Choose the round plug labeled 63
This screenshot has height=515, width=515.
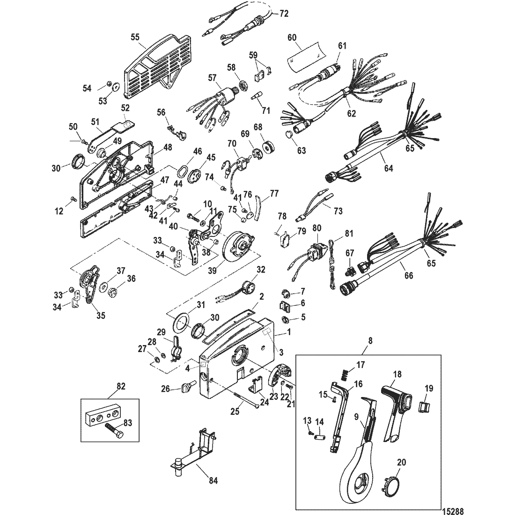(x=290, y=136)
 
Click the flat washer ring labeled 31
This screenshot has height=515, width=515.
(x=181, y=322)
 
